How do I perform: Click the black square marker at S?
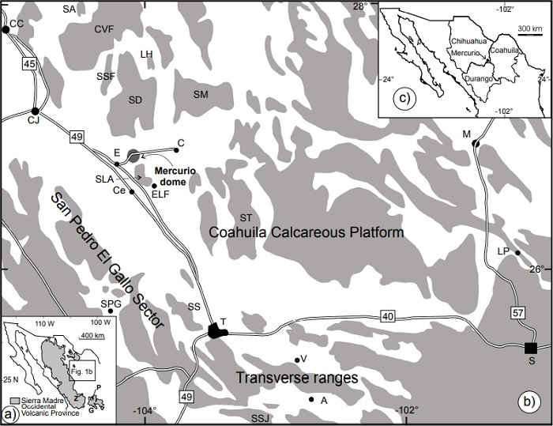tap(531, 348)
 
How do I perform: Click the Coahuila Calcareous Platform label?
tap(307, 233)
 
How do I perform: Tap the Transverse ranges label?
tap(296, 379)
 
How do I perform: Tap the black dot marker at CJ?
tap(34, 111)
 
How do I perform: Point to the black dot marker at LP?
tap(517, 253)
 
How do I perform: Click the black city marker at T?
tap(216, 331)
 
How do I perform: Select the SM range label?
tap(201, 94)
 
